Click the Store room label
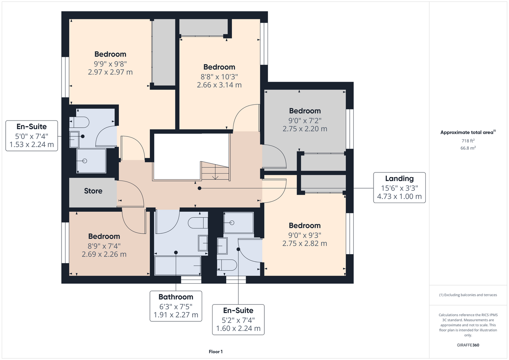coord(93,191)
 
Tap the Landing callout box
coord(399,188)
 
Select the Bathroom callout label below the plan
coord(176,306)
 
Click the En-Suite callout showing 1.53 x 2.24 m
coord(32,136)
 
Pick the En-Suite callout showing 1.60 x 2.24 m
coord(238,320)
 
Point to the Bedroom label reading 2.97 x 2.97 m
coord(110,63)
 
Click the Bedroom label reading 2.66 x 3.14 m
coord(219,76)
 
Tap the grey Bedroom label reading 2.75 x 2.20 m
coord(305,120)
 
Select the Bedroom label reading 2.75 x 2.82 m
coord(304,235)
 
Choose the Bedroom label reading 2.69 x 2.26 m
coord(104,245)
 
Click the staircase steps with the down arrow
coord(215,171)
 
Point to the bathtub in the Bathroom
coord(178,266)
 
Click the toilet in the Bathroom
coord(198,223)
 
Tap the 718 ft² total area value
coord(468,141)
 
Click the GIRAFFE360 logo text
coord(468,345)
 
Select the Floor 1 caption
coord(216,352)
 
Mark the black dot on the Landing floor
coord(199,188)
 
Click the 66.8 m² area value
coord(468,148)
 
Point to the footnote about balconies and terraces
coord(468,295)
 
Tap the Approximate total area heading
coord(468,132)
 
